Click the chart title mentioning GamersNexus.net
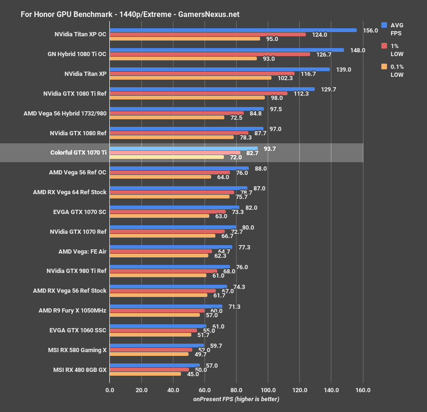pos(130,15)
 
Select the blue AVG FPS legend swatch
pos(384,25)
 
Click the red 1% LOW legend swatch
pos(384,46)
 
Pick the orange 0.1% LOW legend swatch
pos(384,66)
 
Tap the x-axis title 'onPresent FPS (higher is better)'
pos(236,399)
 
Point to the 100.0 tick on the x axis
pos(268,390)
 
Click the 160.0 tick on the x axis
pos(363,390)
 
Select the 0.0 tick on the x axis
pos(110,390)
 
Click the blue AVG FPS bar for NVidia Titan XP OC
pos(233,30)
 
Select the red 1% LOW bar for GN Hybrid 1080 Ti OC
pos(210,54)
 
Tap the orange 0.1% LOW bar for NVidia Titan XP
pos(190,78)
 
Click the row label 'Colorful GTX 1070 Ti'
pos(78,153)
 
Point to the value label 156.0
pos(371,30)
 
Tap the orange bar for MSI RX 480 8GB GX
pos(145,374)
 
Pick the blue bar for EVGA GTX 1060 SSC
pos(158,326)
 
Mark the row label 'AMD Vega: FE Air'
pos(82,251)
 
